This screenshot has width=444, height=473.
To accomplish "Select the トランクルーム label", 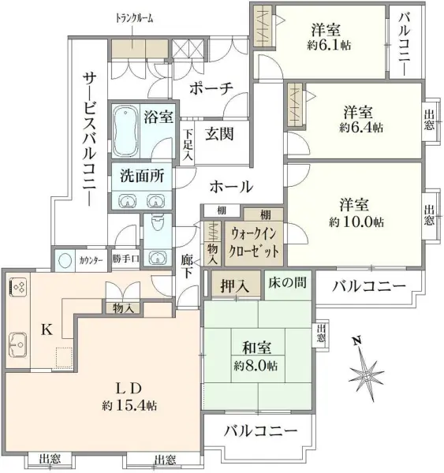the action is pyautogui.click(x=135, y=19).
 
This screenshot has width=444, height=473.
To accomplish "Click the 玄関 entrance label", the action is pyautogui.click(x=219, y=134).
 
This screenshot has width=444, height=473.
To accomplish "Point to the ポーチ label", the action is pyautogui.click(x=211, y=88).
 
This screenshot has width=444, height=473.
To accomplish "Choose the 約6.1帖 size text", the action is pyautogui.click(x=329, y=46).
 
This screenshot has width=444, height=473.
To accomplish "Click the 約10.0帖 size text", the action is pyautogui.click(x=356, y=222).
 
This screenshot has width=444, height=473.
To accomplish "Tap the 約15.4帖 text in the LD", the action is pyautogui.click(x=129, y=405).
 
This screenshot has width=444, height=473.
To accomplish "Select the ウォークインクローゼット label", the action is pyautogui.click(x=253, y=242).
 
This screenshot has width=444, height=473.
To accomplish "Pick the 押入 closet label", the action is pyautogui.click(x=235, y=285).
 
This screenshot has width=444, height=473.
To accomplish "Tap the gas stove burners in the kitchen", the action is pyautogui.click(x=18, y=287).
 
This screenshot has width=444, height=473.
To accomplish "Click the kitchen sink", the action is pyautogui.click(x=18, y=345).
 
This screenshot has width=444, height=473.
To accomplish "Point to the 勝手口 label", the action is pyautogui.click(x=125, y=259).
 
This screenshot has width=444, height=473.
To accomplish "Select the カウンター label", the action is pyautogui.click(x=91, y=260).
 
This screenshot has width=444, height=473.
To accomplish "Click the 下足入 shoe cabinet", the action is pyautogui.click(x=188, y=142).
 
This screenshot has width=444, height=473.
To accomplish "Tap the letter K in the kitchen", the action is pyautogui.click(x=47, y=330).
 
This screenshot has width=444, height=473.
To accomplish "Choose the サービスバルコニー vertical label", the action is pyautogui.click(x=90, y=140).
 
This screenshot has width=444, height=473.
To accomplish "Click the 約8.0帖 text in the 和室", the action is pyautogui.click(x=256, y=367).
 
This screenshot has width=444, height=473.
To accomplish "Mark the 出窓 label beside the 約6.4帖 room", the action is pyautogui.click(x=429, y=120).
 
